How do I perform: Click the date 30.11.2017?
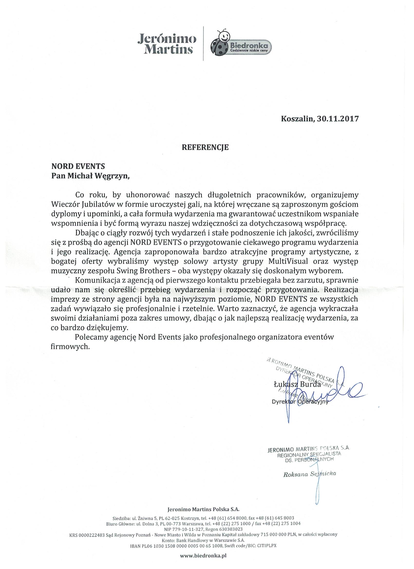click(x=338, y=119)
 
